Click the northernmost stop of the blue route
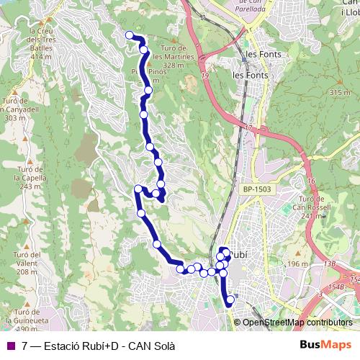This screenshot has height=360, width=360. pyautogui.click(x=130, y=35)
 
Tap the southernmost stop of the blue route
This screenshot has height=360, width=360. pyautogui.click(x=230, y=300)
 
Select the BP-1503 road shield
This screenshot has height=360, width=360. pyautogui.click(x=257, y=189)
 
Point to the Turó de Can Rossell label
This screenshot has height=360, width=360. pyautogui.click(x=313, y=207)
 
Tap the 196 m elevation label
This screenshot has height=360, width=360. pyautogui.click(x=297, y=264)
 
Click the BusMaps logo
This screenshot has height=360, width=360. pyautogui.click(x=326, y=345)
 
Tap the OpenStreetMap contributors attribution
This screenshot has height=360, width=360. pyautogui.click(x=297, y=323)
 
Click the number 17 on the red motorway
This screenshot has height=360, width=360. pyautogui.click(x=249, y=127)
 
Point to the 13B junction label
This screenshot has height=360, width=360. pyautogui.click(x=330, y=264)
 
